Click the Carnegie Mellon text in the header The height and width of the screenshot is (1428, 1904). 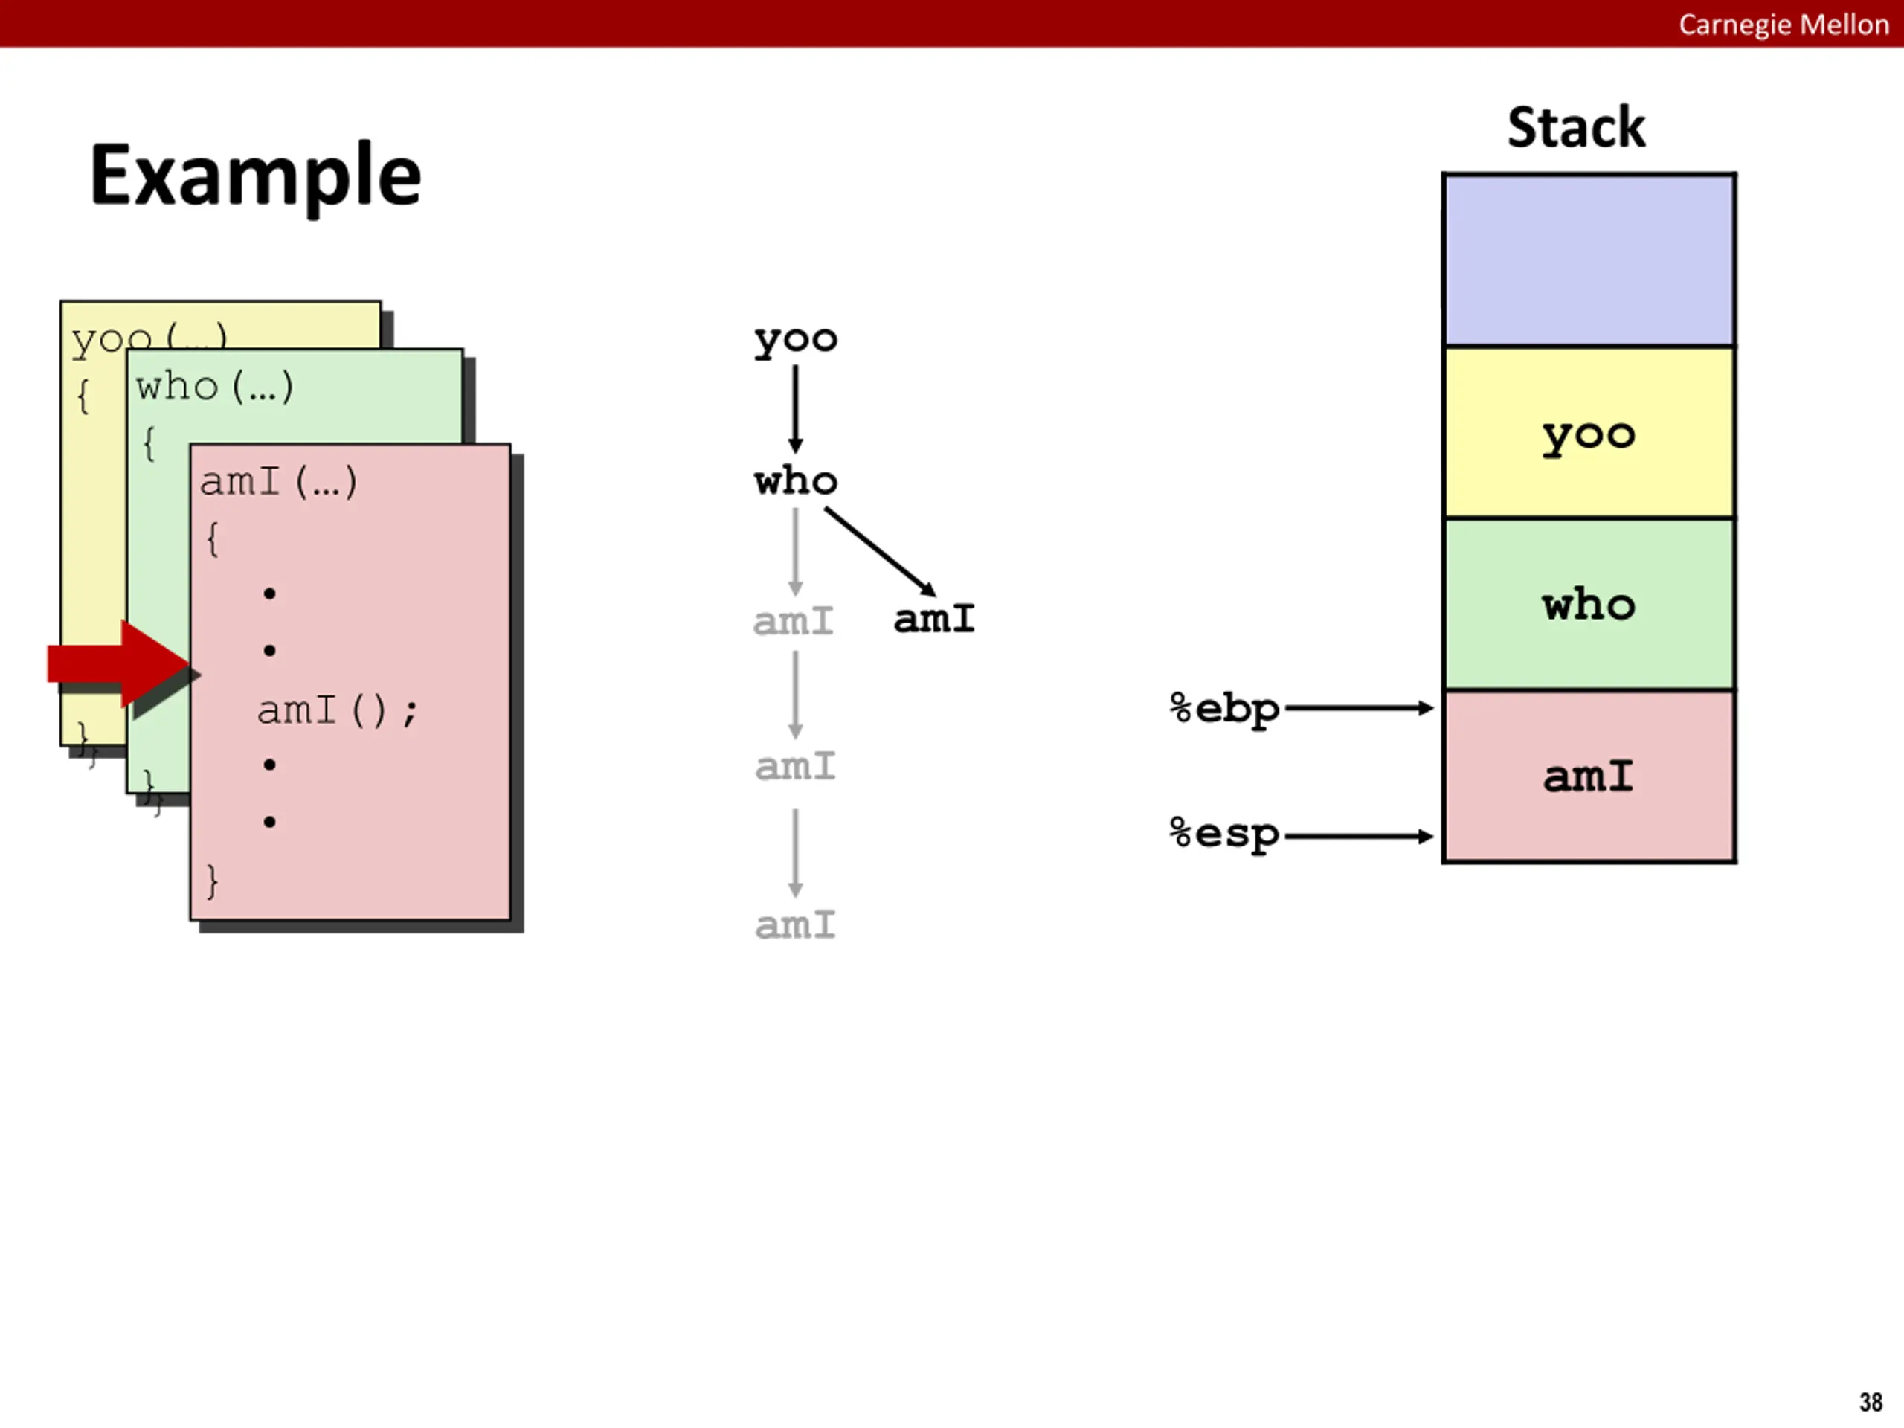(x=1784, y=24)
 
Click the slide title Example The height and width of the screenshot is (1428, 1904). (x=256, y=176)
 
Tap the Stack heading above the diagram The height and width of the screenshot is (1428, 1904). (x=1576, y=127)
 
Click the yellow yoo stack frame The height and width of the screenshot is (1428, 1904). (x=1589, y=432)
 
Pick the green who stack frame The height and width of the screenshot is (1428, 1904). (x=1589, y=604)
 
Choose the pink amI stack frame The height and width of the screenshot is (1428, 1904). (x=1589, y=776)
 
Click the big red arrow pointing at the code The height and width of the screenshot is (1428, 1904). (x=120, y=664)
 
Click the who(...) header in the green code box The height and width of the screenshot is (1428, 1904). (x=214, y=387)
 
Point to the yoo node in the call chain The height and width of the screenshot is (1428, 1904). (x=795, y=340)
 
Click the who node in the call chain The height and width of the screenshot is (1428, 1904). (x=795, y=480)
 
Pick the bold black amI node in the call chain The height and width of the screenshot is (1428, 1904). (x=934, y=619)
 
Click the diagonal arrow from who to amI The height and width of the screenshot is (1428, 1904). (x=880, y=551)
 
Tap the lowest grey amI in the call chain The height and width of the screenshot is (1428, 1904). (x=795, y=925)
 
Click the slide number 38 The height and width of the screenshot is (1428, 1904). (x=1871, y=1402)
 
